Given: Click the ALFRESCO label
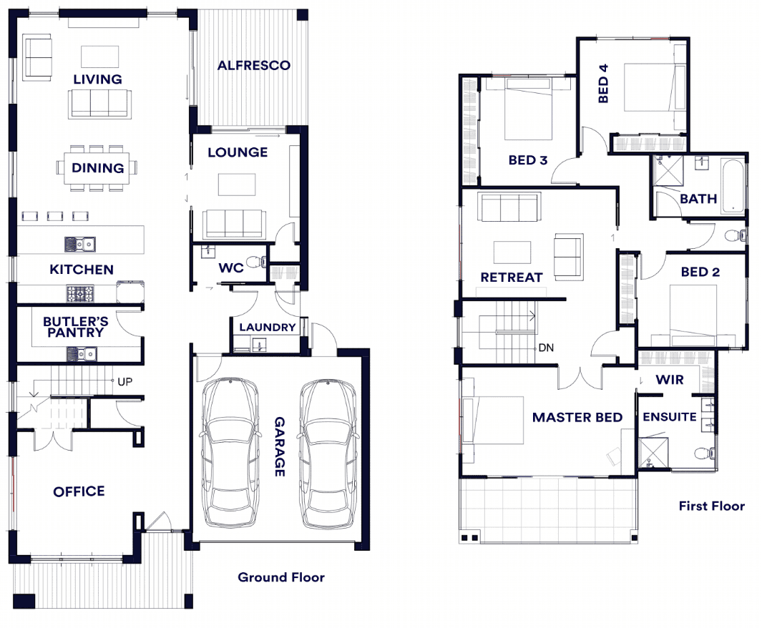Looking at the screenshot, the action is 254,65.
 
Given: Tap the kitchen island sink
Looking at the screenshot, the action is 80,245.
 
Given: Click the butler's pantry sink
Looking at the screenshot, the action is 82,354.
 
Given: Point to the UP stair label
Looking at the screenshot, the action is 125,382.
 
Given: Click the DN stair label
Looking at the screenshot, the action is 546,348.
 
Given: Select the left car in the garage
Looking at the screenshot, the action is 230,453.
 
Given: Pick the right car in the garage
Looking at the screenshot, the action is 328,453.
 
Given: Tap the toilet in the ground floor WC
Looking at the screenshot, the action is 256,263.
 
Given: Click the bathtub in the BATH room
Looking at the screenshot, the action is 733,187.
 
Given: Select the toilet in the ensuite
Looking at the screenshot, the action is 705,453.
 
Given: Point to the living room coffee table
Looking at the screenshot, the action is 99,57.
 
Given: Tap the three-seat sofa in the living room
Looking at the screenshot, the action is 99,104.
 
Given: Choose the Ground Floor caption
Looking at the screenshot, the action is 281,577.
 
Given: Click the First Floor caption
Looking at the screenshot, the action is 711,506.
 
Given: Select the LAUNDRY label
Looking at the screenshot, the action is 268,328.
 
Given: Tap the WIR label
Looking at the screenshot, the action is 670,380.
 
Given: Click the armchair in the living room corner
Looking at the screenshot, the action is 37,57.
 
